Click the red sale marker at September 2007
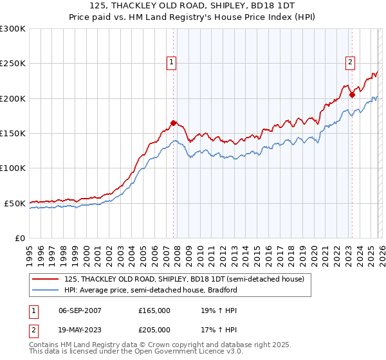click(173, 123)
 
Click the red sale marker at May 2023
click(352, 95)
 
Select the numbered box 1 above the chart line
click(172, 62)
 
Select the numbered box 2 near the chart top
click(350, 62)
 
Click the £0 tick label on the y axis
click(19, 238)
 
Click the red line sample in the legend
click(46, 279)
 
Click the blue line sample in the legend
click(46, 290)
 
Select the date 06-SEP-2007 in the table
click(80, 310)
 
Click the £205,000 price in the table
click(154, 329)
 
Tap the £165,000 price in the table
click(154, 310)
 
